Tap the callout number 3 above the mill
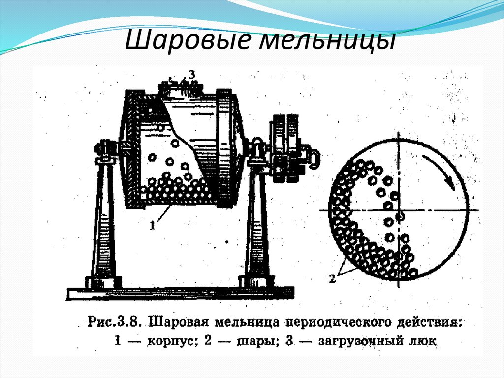pos(192,74)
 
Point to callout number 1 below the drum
pos(153,225)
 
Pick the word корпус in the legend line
pos(169,340)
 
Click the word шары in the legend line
pos(256,340)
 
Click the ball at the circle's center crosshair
pos(401,215)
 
